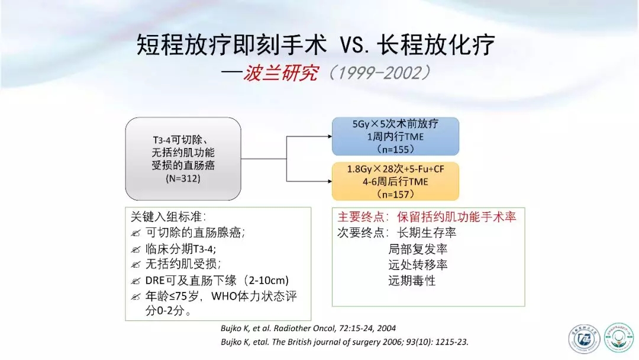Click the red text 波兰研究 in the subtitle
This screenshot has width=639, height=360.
(x=280, y=73)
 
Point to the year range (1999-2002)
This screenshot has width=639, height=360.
(x=379, y=73)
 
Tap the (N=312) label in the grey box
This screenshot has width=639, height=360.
(x=183, y=179)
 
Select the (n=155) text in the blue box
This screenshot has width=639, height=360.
(x=395, y=149)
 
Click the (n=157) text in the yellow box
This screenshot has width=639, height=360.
(x=395, y=194)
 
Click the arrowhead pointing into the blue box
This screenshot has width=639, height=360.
(x=330, y=136)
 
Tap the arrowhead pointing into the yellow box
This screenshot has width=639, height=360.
(x=330, y=181)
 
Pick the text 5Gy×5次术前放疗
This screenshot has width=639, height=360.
(x=395, y=124)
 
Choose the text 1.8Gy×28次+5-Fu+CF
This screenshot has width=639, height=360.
(x=395, y=169)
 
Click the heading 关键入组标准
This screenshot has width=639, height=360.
(x=168, y=217)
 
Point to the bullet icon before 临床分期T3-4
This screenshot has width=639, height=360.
(x=135, y=249)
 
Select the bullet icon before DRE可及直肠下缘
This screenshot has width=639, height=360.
(x=135, y=281)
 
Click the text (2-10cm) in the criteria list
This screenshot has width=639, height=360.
(x=266, y=281)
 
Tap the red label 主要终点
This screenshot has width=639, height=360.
(x=361, y=217)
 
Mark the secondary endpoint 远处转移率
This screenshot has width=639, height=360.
(x=418, y=265)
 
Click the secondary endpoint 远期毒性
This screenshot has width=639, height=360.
(x=412, y=281)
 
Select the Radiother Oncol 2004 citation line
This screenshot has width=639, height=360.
(x=308, y=328)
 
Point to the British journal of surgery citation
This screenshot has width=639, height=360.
(x=345, y=342)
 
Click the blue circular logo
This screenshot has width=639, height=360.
(x=583, y=339)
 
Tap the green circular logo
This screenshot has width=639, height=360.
(x=619, y=337)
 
